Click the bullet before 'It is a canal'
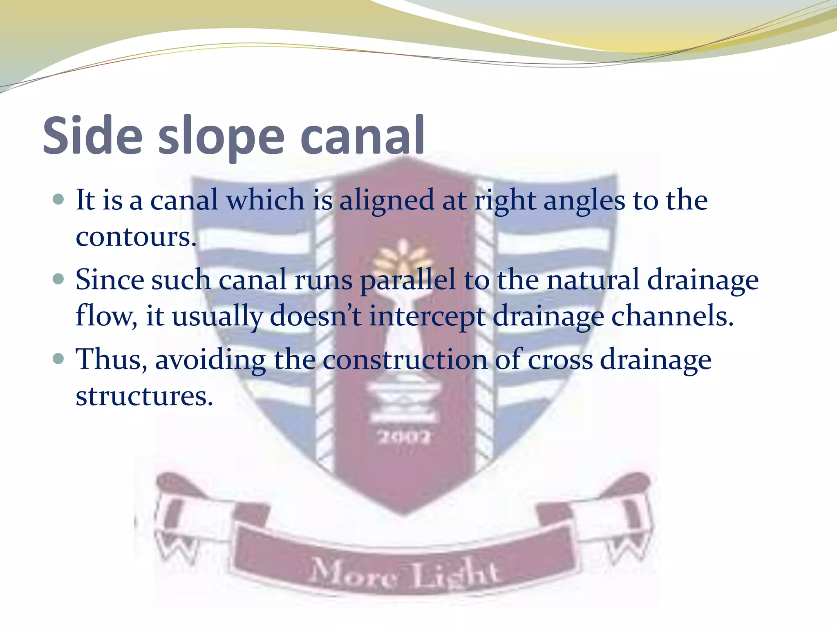(58, 199)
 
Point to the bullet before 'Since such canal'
(58, 279)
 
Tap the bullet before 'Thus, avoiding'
(58, 359)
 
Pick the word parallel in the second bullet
(407, 281)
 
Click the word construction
(405, 360)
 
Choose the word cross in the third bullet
(560, 360)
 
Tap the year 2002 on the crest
(403, 438)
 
